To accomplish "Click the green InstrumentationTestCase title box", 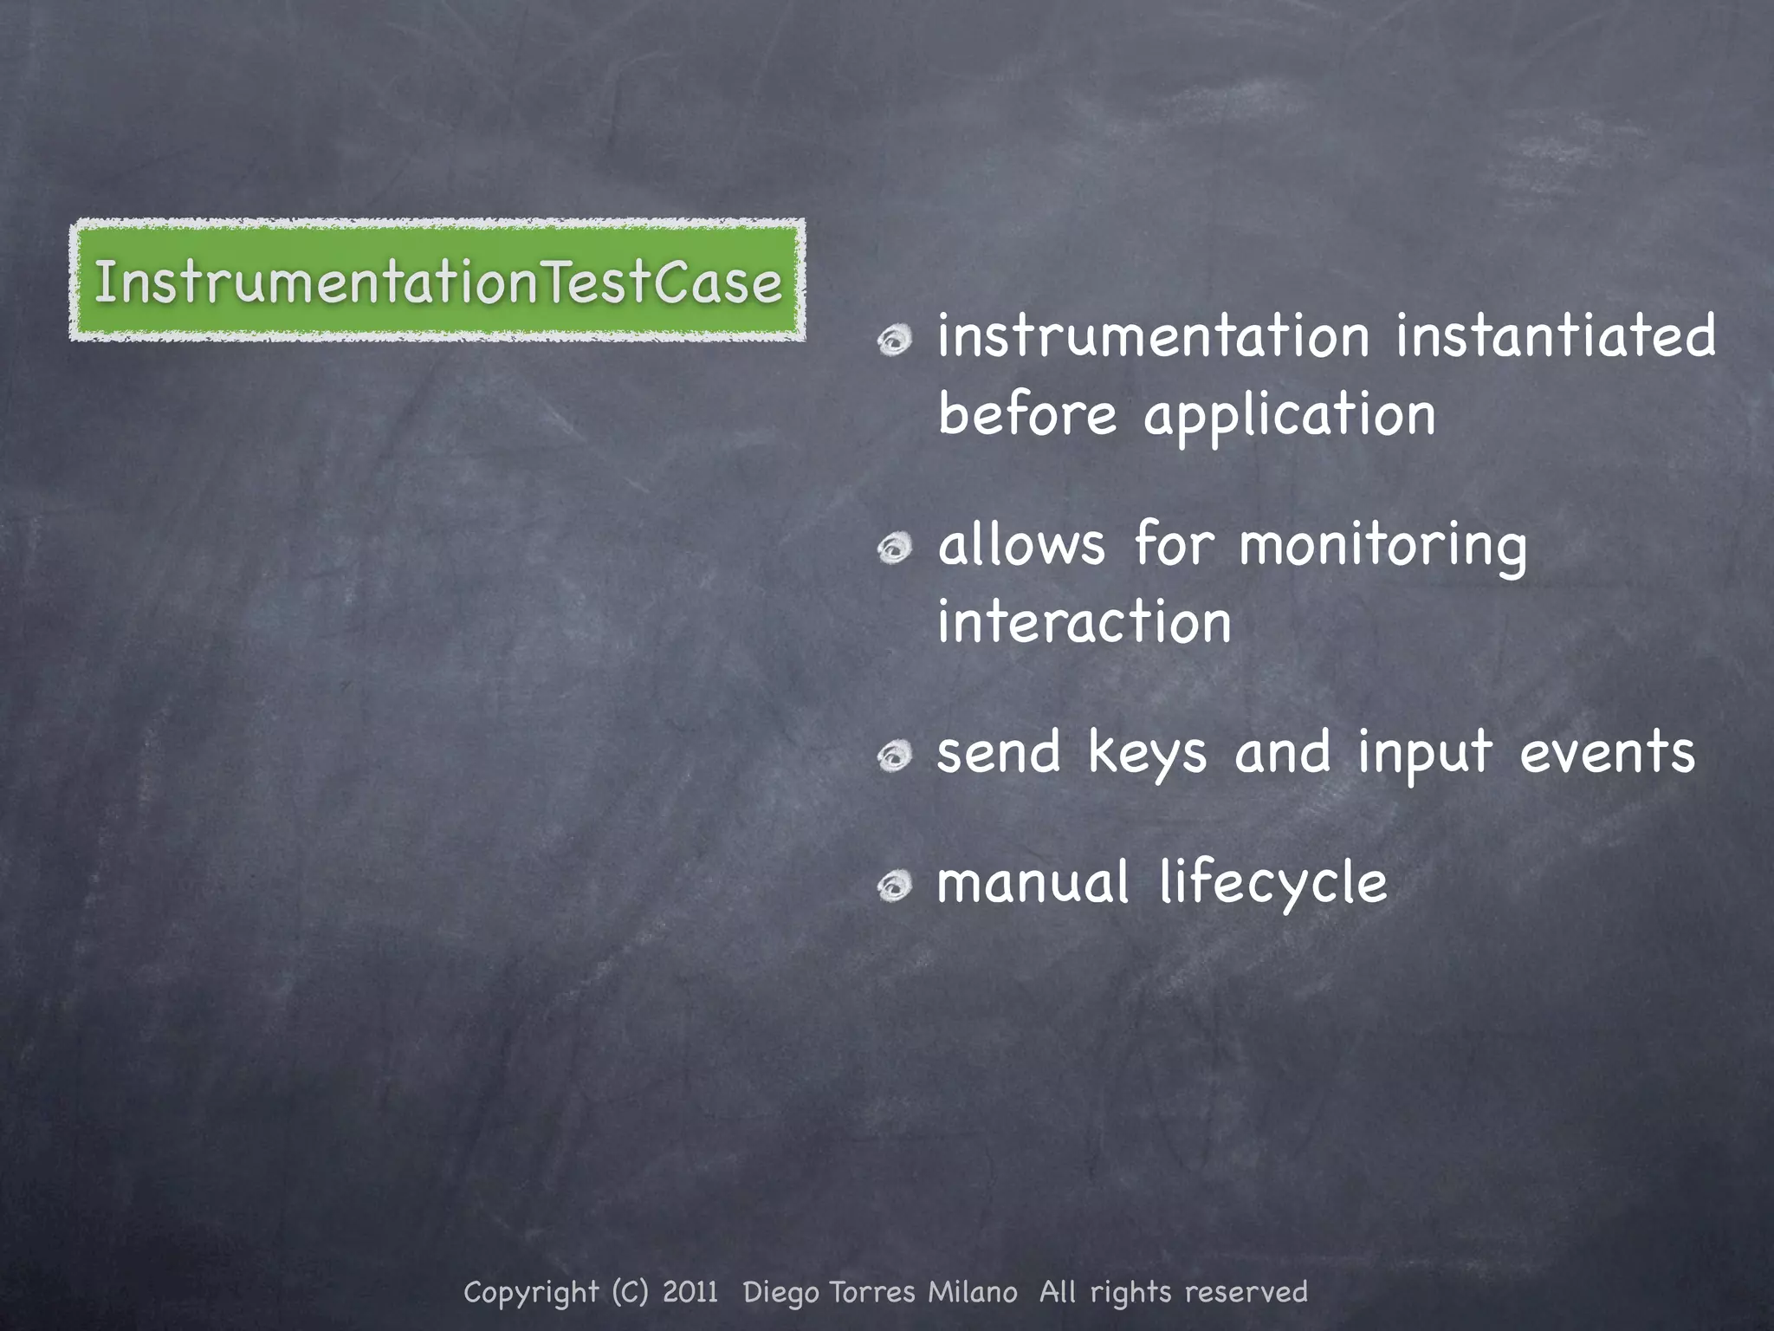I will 437,281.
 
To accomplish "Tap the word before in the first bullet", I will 1027,414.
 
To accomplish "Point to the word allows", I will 1022,545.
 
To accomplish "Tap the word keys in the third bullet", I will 1147,752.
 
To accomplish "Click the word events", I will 1607,752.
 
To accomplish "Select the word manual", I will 1033,882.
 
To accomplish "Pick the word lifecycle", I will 1273,884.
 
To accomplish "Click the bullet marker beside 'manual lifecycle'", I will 895,886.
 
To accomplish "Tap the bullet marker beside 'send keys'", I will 895,756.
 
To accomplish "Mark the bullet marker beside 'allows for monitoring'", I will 895,549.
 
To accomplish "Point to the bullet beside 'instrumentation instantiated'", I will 895,341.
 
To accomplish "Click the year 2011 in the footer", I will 690,1292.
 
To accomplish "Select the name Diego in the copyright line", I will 780,1293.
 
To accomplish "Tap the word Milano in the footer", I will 973,1292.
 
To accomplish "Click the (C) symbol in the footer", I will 630,1292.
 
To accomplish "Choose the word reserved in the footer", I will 1246,1292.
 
